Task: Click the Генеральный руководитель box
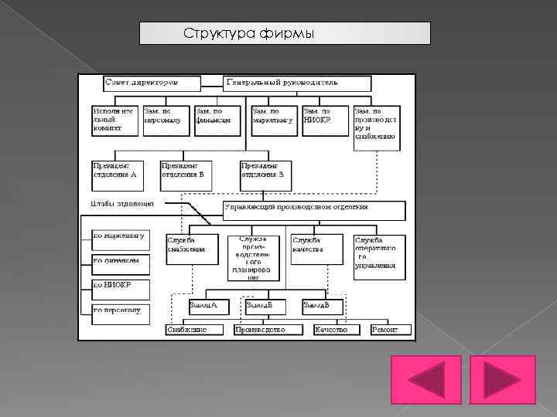click(x=298, y=83)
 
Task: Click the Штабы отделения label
click(x=118, y=204)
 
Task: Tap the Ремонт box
click(x=388, y=331)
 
